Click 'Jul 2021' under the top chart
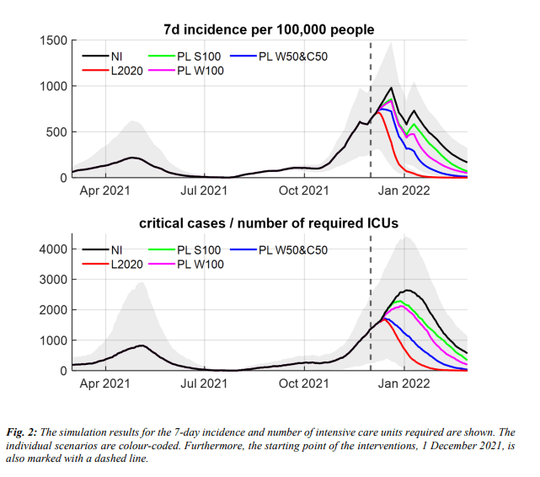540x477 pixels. pos(203,190)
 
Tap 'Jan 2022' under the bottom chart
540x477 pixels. pos(403,383)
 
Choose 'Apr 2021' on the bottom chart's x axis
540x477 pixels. pos(104,383)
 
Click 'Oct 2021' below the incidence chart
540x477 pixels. pos(302,190)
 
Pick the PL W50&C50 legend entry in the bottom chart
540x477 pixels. pos(291,249)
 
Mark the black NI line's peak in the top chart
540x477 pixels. pos(391,88)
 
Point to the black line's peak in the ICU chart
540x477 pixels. pos(407,290)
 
